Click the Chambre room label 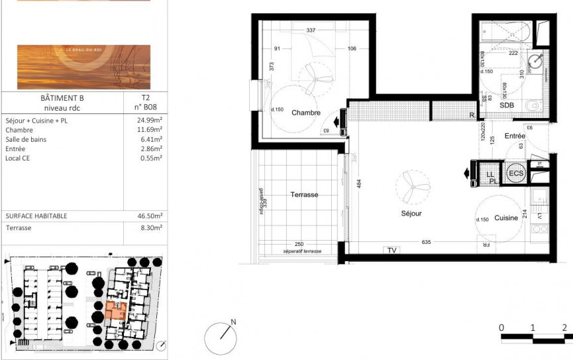(x=306, y=113)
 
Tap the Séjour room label (x=411, y=213)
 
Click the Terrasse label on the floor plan (x=304, y=195)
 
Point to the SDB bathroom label (x=507, y=105)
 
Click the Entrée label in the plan (x=514, y=135)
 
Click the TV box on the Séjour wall (x=391, y=251)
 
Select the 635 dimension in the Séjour (x=426, y=242)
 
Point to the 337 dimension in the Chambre (x=311, y=30)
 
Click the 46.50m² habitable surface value (x=150, y=216)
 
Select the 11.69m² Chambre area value (x=150, y=130)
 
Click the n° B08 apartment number (x=146, y=106)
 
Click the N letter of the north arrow (x=233, y=322)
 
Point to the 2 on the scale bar (x=564, y=328)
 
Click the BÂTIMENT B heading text (x=62, y=97)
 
